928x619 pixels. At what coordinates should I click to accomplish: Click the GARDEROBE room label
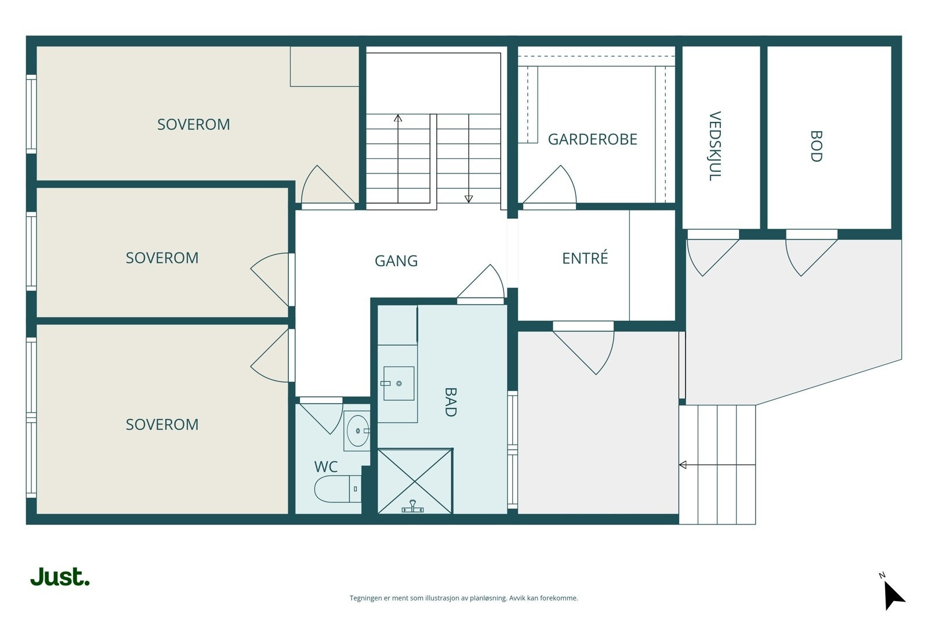(x=592, y=139)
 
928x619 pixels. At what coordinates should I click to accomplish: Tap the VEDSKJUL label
(x=715, y=146)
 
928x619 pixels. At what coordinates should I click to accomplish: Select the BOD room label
(x=815, y=146)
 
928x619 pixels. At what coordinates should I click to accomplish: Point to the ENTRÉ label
(x=585, y=258)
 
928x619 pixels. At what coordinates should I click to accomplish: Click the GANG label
(x=396, y=261)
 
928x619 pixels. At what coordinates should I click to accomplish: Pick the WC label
(x=326, y=467)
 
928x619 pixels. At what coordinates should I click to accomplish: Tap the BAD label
(x=450, y=402)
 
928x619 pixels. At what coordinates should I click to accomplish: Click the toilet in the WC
(x=338, y=489)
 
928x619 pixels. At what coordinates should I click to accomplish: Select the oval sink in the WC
(x=357, y=431)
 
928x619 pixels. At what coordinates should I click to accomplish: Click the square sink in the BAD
(x=398, y=383)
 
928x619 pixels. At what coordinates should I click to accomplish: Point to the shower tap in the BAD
(x=412, y=506)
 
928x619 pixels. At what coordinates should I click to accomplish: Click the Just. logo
(x=60, y=577)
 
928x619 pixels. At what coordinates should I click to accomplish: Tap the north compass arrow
(x=894, y=596)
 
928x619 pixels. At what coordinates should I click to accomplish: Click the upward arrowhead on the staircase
(x=398, y=118)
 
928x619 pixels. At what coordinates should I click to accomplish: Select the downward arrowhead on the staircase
(x=469, y=199)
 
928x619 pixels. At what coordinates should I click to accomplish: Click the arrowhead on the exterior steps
(x=683, y=465)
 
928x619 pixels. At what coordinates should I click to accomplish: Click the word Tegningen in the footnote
(x=366, y=598)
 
